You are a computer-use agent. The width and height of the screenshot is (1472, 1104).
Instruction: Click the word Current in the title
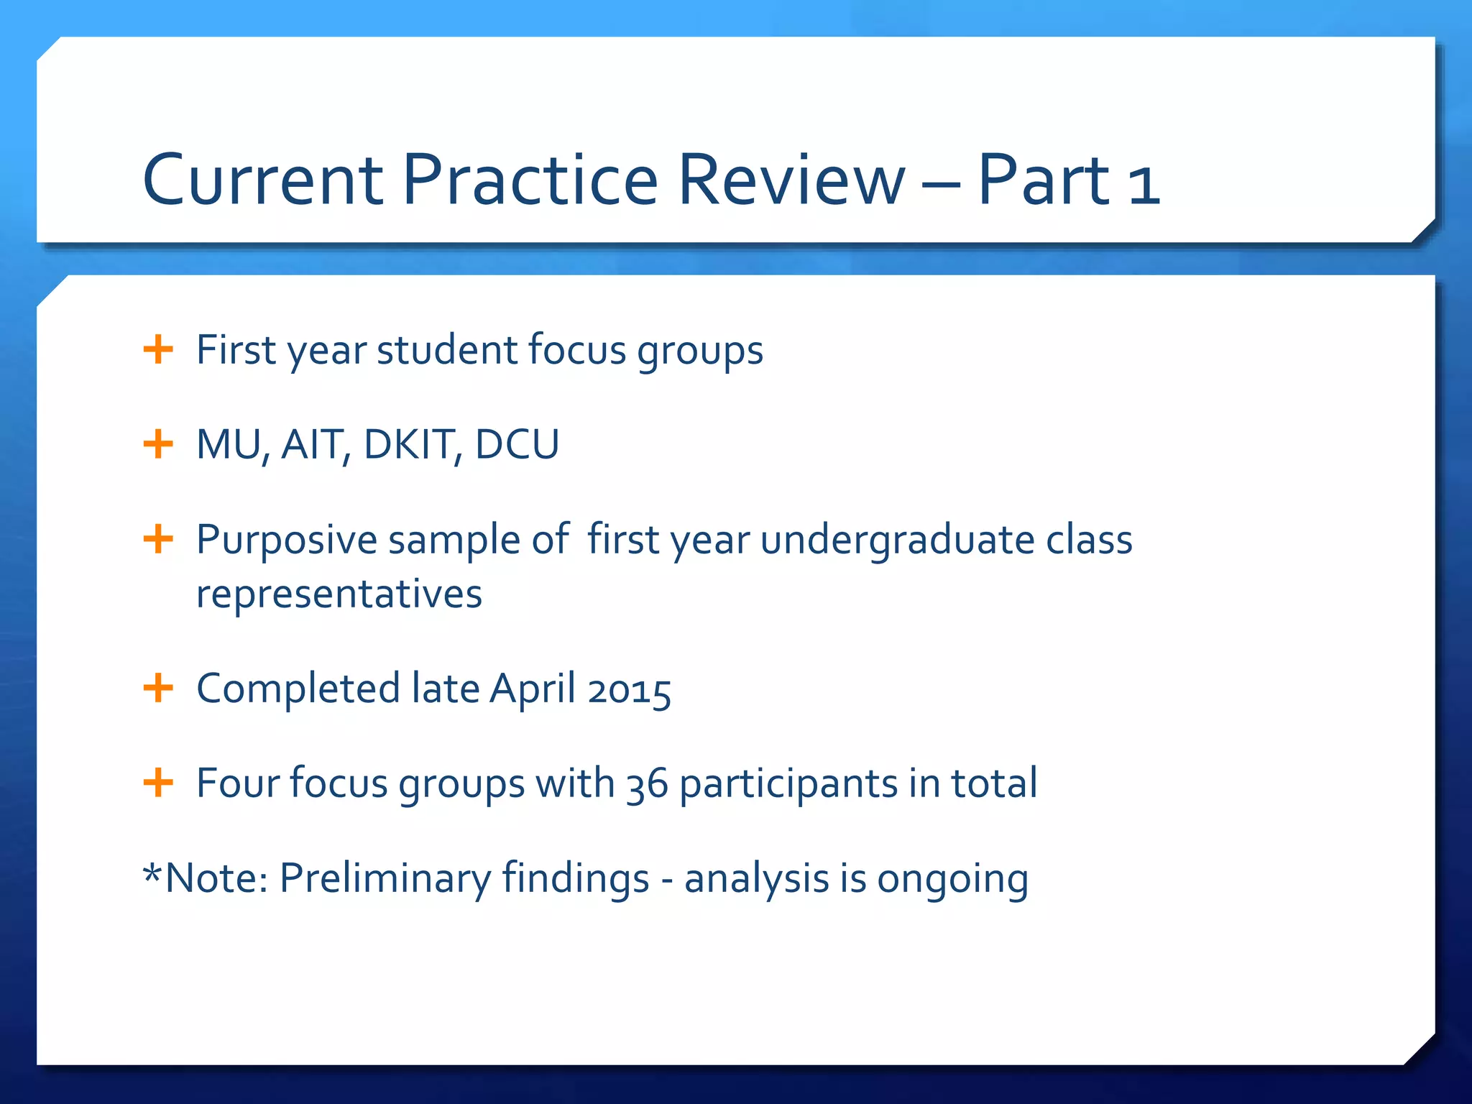point(263,180)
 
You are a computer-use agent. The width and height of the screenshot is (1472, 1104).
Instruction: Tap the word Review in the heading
point(791,180)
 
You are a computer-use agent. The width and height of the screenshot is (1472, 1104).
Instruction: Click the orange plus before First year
point(158,350)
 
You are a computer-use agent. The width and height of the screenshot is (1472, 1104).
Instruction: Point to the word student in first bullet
point(446,350)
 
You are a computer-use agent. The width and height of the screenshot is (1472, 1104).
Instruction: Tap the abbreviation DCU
point(517,444)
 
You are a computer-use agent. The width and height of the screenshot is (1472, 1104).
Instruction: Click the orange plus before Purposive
point(158,539)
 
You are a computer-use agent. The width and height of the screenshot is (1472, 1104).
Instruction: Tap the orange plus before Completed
point(158,689)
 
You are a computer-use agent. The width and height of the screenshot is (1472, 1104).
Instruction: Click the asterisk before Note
point(152,873)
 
